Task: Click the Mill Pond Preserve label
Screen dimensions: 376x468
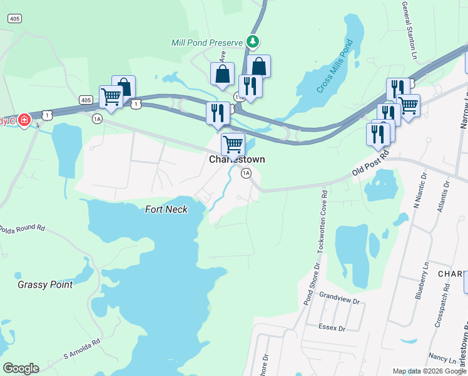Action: point(206,43)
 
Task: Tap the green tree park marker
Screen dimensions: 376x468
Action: point(252,42)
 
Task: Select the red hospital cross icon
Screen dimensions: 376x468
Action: point(24,120)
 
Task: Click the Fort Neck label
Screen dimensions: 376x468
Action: point(166,209)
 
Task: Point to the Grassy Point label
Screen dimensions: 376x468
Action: point(45,285)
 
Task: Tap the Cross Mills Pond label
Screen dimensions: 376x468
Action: point(335,66)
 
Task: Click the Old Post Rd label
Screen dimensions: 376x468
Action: point(370,164)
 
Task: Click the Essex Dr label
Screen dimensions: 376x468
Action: point(332,328)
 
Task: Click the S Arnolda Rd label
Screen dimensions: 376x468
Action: point(82,351)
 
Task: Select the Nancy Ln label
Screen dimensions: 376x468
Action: point(442,358)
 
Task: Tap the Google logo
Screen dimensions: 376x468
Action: point(21,368)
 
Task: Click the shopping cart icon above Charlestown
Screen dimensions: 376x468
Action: point(233,144)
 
